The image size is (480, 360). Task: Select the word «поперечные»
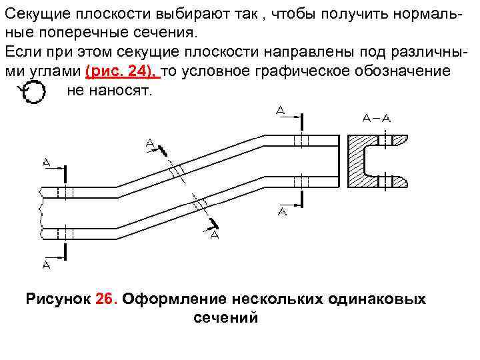click(77, 32)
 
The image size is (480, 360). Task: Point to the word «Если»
click(21, 51)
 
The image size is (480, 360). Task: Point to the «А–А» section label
click(377, 118)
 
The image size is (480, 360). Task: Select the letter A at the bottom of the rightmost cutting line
click(282, 212)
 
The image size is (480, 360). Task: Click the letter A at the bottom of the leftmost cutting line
click(46, 265)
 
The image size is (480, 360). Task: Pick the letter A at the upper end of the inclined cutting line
click(150, 142)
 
